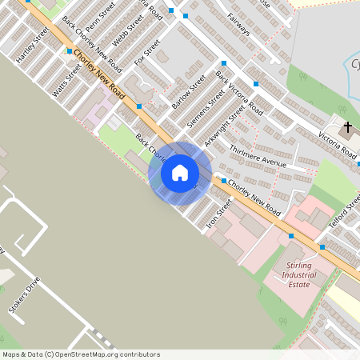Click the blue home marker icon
pyautogui.click(x=180, y=173)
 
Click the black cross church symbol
pyautogui.click(x=348, y=127)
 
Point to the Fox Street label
pyautogui.click(x=148, y=51)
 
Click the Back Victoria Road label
pyautogui.click(x=239, y=94)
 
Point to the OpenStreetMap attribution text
pyautogui.click(x=81, y=354)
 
